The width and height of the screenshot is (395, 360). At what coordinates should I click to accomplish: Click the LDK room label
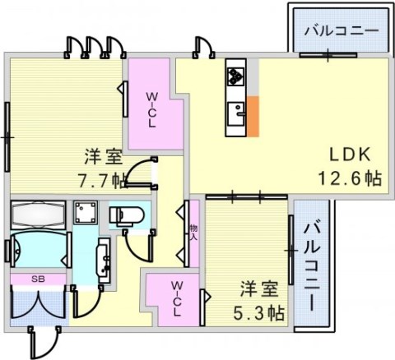point(350,155)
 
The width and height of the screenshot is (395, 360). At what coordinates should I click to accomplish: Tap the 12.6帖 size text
point(350,178)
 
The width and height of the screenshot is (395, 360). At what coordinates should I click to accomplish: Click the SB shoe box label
point(38,279)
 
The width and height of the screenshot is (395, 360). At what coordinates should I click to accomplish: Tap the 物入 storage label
point(193,233)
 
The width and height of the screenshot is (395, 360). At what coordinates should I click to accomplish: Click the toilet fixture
point(127,216)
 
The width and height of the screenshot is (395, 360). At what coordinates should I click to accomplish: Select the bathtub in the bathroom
point(38,215)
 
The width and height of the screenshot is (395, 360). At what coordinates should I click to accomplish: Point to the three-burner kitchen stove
point(235,76)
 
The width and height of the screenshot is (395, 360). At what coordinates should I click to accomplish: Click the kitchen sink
point(236,113)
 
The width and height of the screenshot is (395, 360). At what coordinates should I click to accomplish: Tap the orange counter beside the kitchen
point(253,116)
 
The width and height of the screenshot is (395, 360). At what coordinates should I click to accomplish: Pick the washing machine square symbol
point(86,213)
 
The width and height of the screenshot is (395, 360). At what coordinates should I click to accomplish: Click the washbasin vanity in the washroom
point(104,261)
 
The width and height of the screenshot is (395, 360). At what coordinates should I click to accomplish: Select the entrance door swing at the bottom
point(44,343)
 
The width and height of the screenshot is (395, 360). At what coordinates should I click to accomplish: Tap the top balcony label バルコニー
point(342,30)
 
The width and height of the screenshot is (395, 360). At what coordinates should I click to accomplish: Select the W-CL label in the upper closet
point(152,110)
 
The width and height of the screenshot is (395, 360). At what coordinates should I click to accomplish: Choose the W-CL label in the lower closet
point(177,299)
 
